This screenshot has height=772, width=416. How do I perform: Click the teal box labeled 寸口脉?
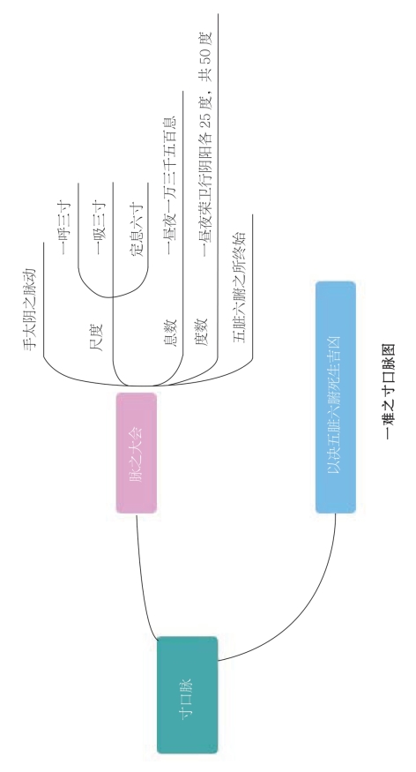click(188, 694)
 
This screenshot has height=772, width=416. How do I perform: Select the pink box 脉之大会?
click(137, 453)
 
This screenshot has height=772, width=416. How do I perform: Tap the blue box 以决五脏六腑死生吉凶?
click(336, 397)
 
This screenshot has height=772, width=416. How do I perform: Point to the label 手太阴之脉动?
click(30, 309)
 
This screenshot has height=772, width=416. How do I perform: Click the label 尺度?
click(96, 337)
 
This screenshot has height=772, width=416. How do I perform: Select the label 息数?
click(169, 333)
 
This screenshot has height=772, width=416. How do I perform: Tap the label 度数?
click(202, 333)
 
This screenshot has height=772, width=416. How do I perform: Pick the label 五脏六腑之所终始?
click(239, 287)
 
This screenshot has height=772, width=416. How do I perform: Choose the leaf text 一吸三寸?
click(100, 228)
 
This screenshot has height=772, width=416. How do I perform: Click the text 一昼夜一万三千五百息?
click(169, 185)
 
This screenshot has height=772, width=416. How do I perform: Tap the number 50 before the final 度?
click(205, 56)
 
